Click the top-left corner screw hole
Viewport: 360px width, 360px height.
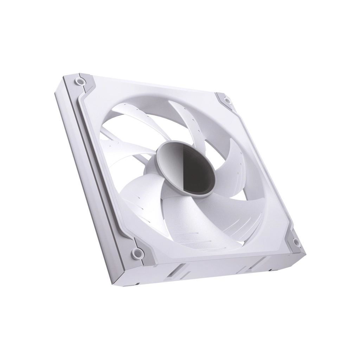click(x=81, y=82)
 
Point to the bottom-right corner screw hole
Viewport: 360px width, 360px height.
click(x=296, y=242)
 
